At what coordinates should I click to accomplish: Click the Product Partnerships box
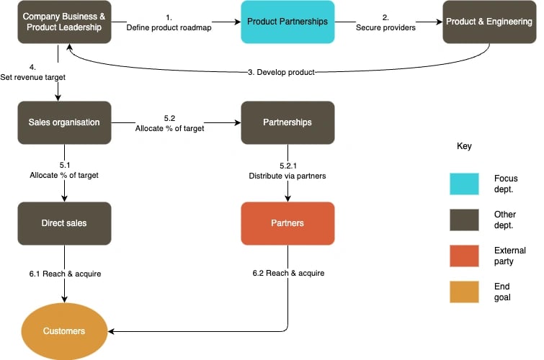point(287,22)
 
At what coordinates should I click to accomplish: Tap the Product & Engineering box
point(489,22)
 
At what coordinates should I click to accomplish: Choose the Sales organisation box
point(64,122)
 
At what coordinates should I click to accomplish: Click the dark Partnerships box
point(287,122)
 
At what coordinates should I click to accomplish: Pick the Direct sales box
point(64,223)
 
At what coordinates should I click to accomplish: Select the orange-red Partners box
point(287,223)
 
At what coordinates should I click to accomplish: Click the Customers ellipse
point(64,331)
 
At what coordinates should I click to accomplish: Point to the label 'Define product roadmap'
point(169,28)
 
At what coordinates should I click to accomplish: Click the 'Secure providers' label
point(385,28)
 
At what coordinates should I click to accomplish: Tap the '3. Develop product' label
point(280,72)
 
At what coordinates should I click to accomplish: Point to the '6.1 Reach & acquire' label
point(65,274)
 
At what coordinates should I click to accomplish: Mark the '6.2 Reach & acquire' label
point(288,274)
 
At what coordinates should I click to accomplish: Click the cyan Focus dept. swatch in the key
point(468,184)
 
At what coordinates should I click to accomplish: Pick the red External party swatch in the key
point(468,256)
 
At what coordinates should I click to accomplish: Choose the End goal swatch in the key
point(468,292)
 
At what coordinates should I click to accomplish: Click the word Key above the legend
point(464,146)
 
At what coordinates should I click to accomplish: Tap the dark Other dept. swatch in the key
point(468,220)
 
